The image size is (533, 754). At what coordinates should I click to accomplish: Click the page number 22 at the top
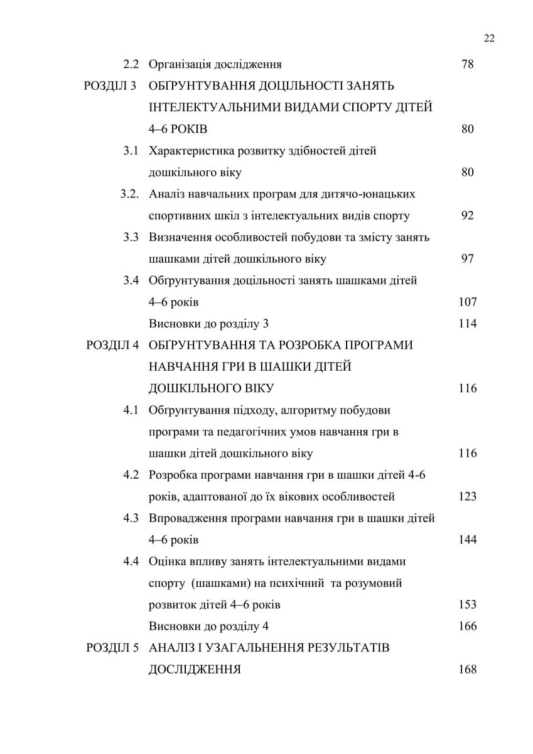point(490,38)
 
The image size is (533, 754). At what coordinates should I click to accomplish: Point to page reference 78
point(467,64)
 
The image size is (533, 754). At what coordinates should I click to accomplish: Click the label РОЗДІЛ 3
point(111,86)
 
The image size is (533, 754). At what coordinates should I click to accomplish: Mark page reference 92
point(467,216)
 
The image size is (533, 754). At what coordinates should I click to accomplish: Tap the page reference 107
point(468,302)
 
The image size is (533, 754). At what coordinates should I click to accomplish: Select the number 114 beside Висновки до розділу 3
point(468,324)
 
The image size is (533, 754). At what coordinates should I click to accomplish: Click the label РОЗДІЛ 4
point(112,346)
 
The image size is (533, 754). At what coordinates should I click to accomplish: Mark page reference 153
point(468,604)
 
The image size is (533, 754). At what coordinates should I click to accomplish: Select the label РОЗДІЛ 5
point(112,648)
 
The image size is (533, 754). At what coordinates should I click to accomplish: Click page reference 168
point(468,669)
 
